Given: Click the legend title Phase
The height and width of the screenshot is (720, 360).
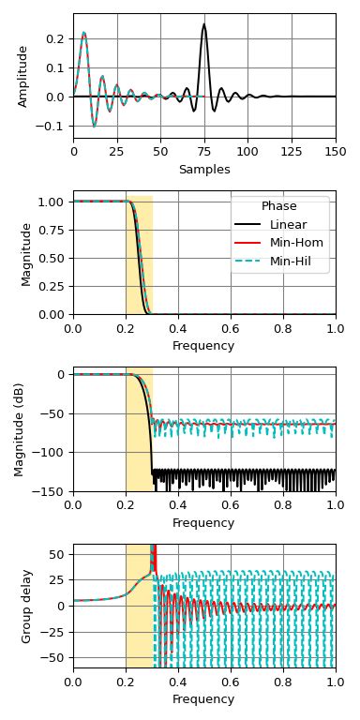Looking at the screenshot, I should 279,206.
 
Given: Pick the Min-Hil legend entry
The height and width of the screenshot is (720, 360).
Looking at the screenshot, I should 291,262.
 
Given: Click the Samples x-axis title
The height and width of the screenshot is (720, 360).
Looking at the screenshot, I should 204,170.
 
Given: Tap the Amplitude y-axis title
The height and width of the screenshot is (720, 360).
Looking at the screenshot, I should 23,76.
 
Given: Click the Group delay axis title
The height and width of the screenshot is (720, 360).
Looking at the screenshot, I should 27,606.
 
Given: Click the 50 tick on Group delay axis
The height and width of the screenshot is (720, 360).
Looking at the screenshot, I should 58,554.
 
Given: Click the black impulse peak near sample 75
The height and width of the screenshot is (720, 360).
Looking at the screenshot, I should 203,25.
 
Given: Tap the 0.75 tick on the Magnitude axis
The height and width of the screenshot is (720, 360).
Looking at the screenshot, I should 54,230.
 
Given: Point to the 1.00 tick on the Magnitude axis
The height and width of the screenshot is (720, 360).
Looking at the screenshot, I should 54,202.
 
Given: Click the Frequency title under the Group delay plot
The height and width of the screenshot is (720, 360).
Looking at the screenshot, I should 204,699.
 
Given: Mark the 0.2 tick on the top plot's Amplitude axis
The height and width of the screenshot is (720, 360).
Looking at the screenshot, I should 58,38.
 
